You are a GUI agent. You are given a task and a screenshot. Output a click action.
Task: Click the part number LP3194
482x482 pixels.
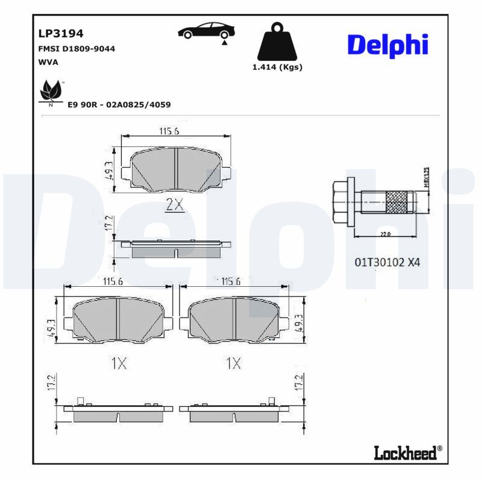(x=61, y=33)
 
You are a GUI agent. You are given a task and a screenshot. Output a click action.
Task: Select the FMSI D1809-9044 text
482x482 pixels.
(x=77, y=49)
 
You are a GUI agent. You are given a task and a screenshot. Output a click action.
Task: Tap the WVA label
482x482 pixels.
(x=48, y=62)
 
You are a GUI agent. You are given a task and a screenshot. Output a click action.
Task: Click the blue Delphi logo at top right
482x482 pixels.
(x=388, y=45)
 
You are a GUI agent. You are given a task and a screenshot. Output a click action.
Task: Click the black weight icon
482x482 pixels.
(x=277, y=42)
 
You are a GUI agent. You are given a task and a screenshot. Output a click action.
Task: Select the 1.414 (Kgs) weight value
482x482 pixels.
(x=277, y=67)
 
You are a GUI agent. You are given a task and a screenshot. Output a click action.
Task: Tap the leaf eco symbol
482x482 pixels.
(x=50, y=92)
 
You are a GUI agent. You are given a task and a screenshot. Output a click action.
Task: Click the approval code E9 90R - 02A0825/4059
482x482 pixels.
(x=119, y=105)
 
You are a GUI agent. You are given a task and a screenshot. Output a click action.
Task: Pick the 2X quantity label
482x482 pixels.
(x=174, y=205)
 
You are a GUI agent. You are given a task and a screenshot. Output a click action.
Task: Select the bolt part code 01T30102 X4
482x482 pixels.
(x=387, y=262)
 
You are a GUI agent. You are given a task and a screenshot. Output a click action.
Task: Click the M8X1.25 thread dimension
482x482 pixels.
(x=426, y=179)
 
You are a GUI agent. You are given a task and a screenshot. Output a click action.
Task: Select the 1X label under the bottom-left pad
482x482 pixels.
(x=118, y=363)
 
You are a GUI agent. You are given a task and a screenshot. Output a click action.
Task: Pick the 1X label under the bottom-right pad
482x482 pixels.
(x=233, y=363)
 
